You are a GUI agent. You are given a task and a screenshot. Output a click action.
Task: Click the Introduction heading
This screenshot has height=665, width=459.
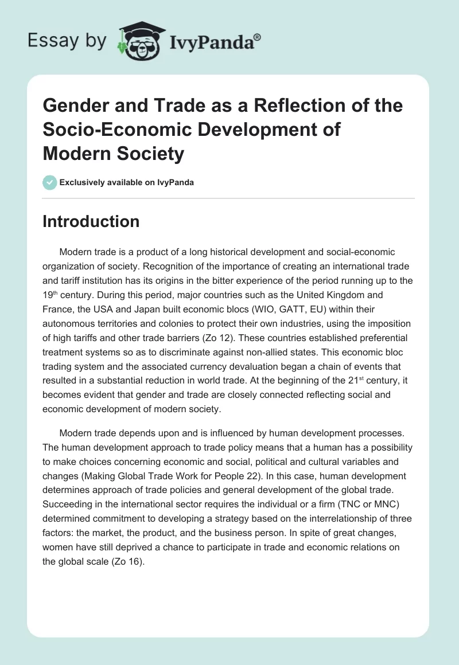point(91,221)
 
